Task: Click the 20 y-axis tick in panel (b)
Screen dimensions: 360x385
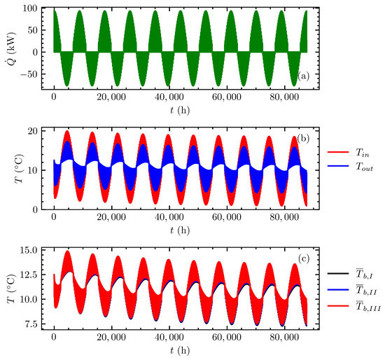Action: click(x=36, y=131)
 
